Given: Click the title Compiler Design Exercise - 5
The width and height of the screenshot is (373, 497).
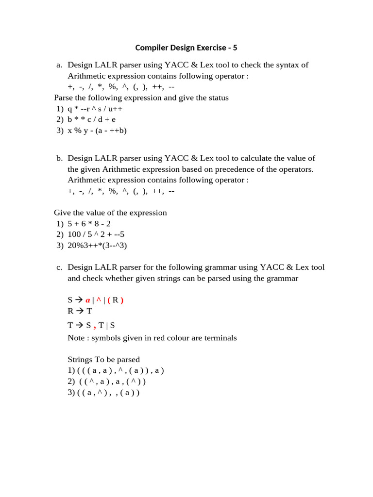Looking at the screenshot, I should click(x=186, y=48).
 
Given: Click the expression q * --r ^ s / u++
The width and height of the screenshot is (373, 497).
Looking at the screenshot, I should click(x=95, y=108).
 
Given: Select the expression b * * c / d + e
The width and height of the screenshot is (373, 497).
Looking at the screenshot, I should click(x=92, y=119).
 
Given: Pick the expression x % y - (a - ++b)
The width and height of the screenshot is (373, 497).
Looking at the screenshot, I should click(x=97, y=131).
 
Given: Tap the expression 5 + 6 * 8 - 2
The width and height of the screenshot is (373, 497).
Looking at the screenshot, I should click(x=89, y=224).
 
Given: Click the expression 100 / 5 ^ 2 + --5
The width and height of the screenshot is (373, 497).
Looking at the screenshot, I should click(x=96, y=234).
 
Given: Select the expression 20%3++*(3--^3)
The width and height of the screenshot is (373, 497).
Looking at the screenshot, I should click(x=97, y=246).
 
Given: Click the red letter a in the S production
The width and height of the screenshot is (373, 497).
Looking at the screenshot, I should click(x=88, y=300).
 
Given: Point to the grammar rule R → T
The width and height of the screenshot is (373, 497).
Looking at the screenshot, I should click(x=80, y=311).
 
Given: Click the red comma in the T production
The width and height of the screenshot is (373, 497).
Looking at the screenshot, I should click(x=94, y=326).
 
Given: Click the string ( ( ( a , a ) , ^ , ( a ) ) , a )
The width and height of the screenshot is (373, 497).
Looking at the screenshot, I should click(x=120, y=370).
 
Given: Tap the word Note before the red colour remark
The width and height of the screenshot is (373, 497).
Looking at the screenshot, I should click(x=77, y=338).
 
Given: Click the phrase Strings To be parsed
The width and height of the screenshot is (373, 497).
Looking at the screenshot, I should click(x=103, y=360).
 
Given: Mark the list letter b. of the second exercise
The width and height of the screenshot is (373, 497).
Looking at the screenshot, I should click(x=59, y=158).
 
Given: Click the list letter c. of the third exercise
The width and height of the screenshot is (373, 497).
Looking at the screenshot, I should click(x=59, y=267).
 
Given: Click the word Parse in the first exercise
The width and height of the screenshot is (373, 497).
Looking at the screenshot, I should click(x=64, y=98).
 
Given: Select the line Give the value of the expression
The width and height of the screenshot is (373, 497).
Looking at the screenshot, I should click(x=110, y=213).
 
